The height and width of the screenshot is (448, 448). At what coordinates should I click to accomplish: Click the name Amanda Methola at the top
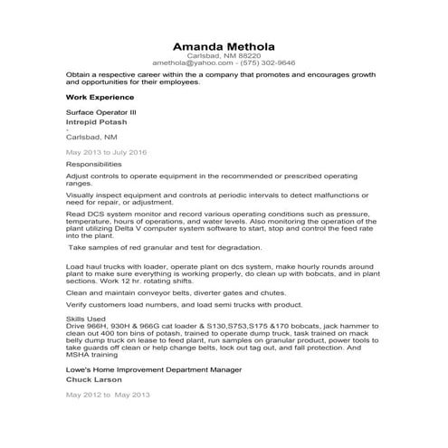224,46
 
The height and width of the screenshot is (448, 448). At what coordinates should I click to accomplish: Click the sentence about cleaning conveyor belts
168,293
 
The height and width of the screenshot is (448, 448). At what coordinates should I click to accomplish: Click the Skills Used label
86,319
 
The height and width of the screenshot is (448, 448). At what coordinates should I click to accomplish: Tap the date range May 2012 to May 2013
106,395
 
